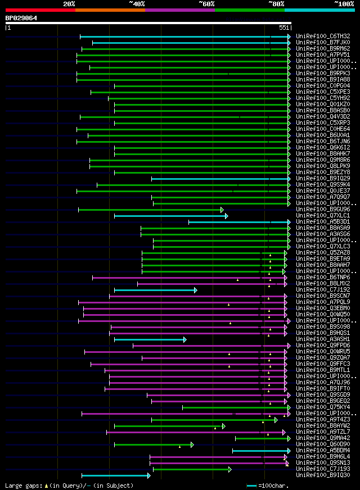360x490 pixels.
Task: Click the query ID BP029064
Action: pyautogui.click(x=21, y=18)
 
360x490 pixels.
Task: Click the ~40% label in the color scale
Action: pyautogui.click(x=137, y=3)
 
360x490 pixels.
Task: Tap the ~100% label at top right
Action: pyautogui.click(x=344, y=3)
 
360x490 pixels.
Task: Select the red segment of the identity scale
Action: pyautogui.click(x=40, y=10)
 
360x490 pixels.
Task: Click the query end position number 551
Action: pyautogui.click(x=284, y=28)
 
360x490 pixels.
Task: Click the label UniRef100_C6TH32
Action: pyautogui.click(x=323, y=37)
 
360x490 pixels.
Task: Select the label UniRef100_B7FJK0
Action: pyautogui.click(x=323, y=43)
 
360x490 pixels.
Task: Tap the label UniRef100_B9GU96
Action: pyautogui.click(x=323, y=210)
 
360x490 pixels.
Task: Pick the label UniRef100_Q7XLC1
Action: pyautogui.click(x=323, y=216)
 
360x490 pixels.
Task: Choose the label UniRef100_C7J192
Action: pyautogui.click(x=323, y=290)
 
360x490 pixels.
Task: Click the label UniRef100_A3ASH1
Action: pyautogui.click(x=323, y=339)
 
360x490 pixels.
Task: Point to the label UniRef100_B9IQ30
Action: pyautogui.click(x=323, y=475)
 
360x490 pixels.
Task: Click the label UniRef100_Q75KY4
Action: pyautogui.click(x=323, y=407)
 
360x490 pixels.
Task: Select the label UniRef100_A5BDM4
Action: pyautogui.click(x=323, y=451)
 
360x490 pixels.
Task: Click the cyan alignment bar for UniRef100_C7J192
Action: pyautogui.click(x=155, y=290)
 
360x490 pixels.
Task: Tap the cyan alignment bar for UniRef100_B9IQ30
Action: pyautogui.click(x=115, y=475)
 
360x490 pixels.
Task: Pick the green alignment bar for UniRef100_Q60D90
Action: pyautogui.click(x=152, y=444)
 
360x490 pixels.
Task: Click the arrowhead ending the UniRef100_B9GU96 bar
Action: pyautogui.click(x=223, y=210)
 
